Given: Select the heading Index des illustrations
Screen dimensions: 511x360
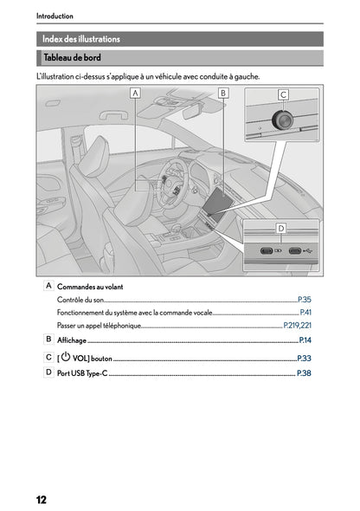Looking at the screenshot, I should [x=82, y=39].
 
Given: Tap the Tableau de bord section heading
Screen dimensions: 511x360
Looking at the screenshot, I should [x=74, y=58].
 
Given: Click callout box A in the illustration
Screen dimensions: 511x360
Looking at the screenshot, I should [x=136, y=92].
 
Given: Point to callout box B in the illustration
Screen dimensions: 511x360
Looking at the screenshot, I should [x=223, y=92].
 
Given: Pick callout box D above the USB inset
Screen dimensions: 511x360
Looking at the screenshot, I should [x=281, y=228].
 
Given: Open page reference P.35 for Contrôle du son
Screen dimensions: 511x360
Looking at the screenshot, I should [x=304, y=299].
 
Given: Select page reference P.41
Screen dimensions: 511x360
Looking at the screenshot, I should [x=305, y=312].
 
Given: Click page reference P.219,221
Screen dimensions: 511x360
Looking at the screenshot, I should [x=297, y=326].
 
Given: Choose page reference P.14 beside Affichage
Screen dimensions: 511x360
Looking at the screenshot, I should [x=305, y=340].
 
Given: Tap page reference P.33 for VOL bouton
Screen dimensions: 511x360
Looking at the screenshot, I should [x=304, y=357].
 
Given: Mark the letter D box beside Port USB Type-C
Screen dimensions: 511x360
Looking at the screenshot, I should [x=48, y=372].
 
